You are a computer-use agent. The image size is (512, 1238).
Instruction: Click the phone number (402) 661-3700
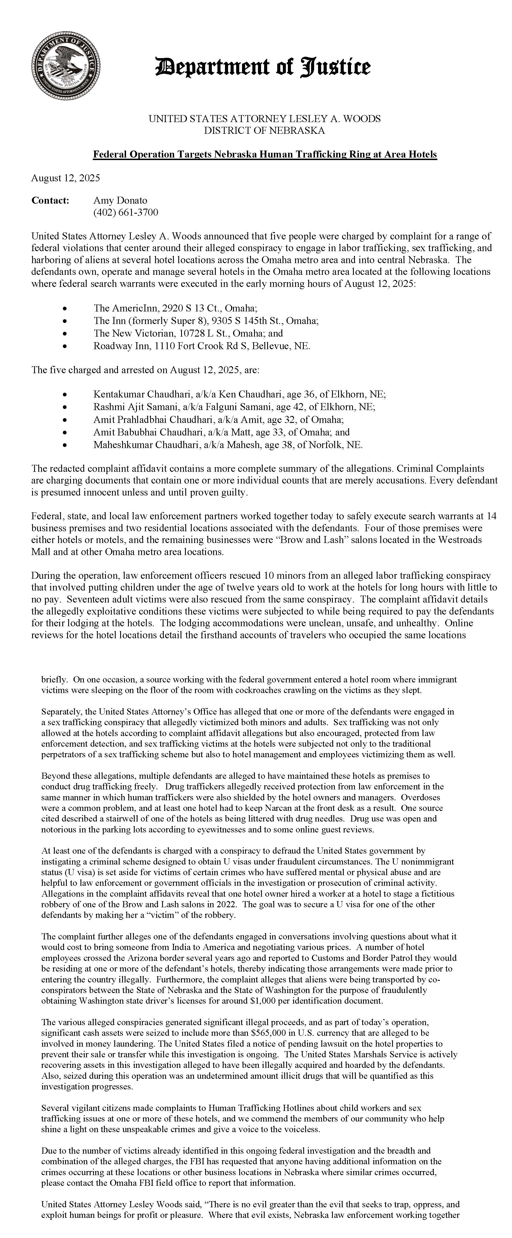(125, 212)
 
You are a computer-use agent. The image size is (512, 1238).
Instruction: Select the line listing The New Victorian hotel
(188, 333)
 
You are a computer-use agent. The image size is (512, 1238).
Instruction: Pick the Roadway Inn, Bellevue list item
(202, 346)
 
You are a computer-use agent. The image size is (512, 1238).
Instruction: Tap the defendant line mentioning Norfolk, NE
(228, 444)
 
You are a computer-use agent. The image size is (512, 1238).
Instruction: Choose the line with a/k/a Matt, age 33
(222, 432)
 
